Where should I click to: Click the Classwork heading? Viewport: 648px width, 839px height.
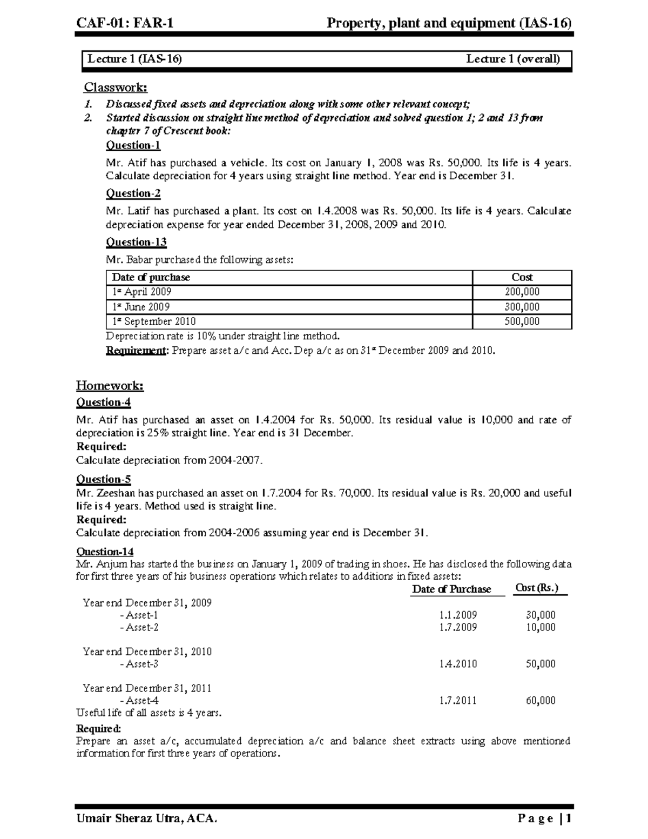click(115, 88)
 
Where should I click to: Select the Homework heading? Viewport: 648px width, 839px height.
click(110, 386)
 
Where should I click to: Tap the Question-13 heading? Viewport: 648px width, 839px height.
click(136, 242)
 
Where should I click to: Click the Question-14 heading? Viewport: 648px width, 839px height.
click(105, 552)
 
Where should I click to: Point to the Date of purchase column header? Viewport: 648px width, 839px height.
click(151, 278)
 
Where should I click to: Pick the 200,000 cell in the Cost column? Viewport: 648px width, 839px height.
click(522, 292)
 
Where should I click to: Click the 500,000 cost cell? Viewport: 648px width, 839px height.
click(522, 321)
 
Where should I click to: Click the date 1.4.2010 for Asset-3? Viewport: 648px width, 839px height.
click(458, 664)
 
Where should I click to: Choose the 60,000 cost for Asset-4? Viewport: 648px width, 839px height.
click(541, 701)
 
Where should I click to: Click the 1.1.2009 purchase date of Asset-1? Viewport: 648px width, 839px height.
click(458, 615)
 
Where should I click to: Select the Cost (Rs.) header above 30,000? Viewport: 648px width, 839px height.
click(537, 588)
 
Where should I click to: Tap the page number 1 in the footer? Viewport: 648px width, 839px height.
click(569, 818)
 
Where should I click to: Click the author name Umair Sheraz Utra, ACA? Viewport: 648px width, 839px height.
click(147, 818)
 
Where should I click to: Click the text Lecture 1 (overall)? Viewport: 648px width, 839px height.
click(513, 59)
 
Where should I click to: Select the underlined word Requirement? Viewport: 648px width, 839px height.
click(137, 351)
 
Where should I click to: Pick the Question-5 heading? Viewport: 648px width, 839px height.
click(103, 479)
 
